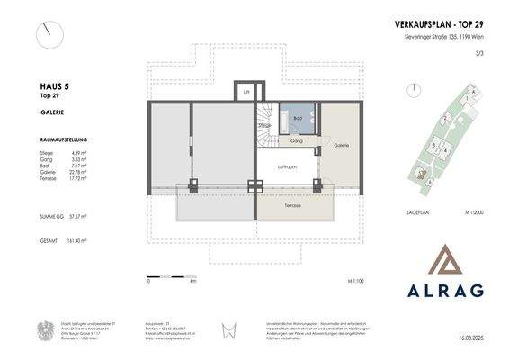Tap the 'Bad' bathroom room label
[x=296, y=118]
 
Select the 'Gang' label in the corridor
[x=294, y=141]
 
